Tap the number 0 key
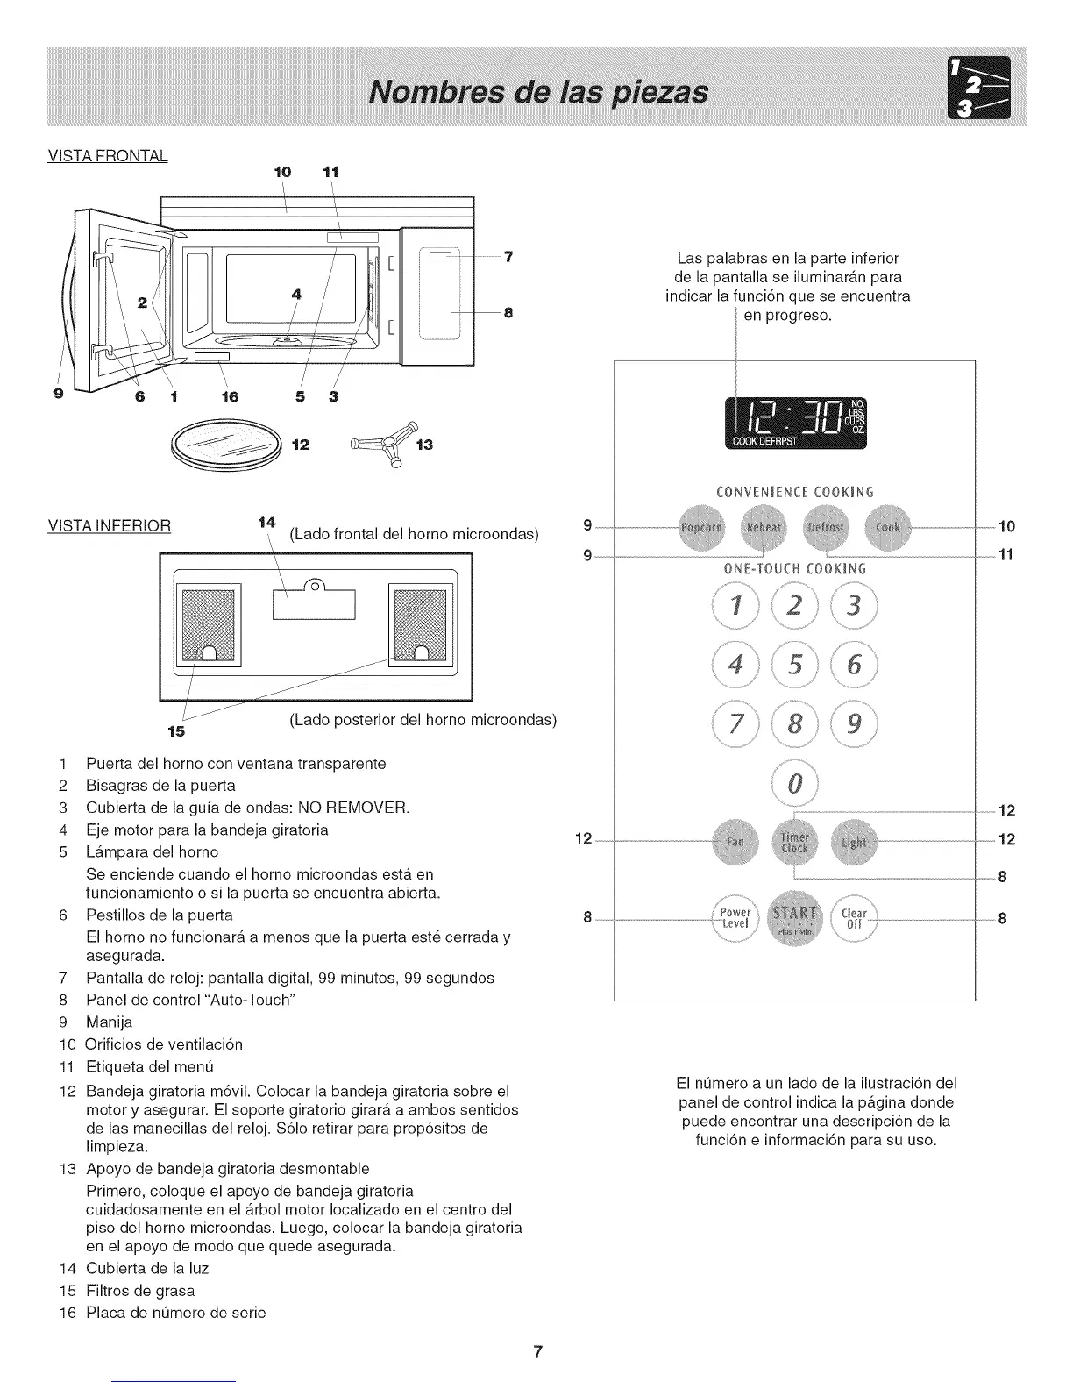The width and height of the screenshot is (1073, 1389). click(x=795, y=783)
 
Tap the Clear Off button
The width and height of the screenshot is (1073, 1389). click(x=855, y=918)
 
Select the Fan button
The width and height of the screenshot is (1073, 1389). click(x=735, y=841)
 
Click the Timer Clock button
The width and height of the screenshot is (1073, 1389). click(x=794, y=841)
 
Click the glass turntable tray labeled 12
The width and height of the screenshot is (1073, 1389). click(x=226, y=445)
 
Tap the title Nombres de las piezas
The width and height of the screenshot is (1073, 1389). click(x=538, y=91)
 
